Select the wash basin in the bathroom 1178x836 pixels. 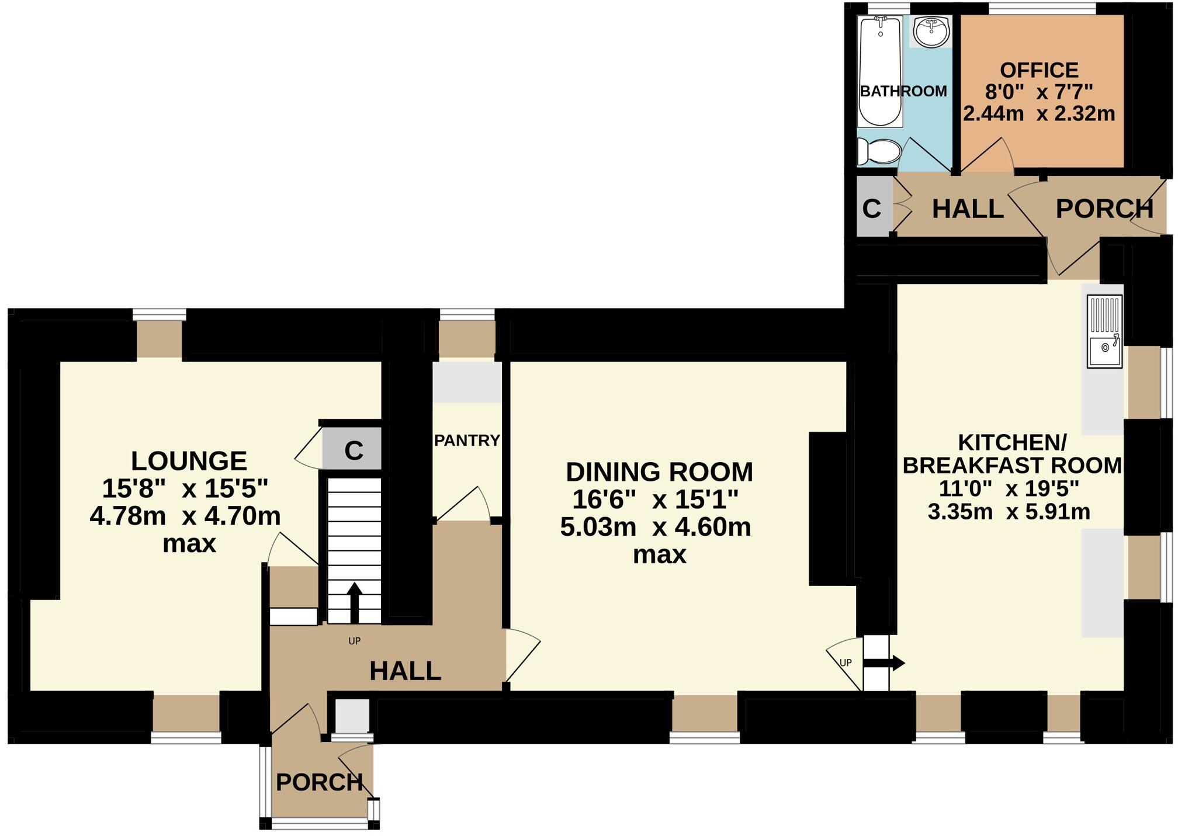[x=931, y=32]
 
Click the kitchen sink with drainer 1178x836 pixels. [x=1104, y=332]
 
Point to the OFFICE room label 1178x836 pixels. [x=1039, y=70]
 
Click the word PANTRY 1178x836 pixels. [x=467, y=440]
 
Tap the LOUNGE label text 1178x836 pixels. [x=189, y=461]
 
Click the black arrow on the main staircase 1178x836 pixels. [x=355, y=602]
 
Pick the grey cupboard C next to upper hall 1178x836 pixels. [x=872, y=208]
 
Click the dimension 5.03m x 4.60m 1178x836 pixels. [x=655, y=527]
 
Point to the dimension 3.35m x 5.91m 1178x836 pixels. [x=1009, y=512]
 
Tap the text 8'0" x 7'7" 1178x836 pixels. [x=1039, y=92]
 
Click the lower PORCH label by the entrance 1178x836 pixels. [x=319, y=782]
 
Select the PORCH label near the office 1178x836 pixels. [x=1104, y=209]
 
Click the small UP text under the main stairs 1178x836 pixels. [x=354, y=641]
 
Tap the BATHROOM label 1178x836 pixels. [x=903, y=91]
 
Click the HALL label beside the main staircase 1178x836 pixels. [x=405, y=671]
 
